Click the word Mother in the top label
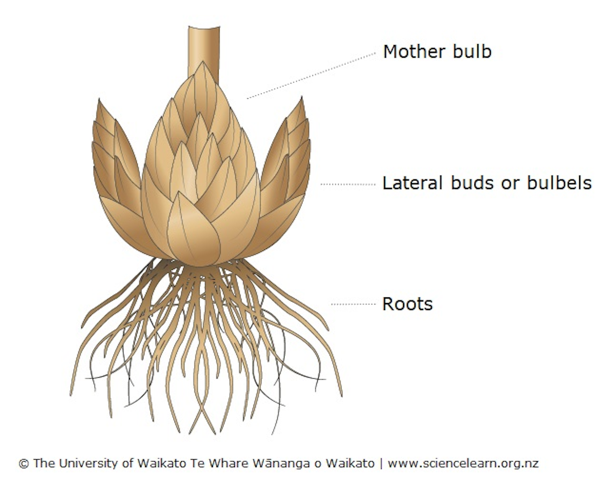[x=414, y=52]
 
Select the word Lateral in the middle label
[x=412, y=183]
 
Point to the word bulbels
[x=559, y=183]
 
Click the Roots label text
[x=407, y=304]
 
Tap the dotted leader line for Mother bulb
[x=311, y=75]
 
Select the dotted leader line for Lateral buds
[x=348, y=184]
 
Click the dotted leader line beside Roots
[x=354, y=305]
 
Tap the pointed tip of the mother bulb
[x=203, y=61]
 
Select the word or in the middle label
[x=511, y=185]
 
